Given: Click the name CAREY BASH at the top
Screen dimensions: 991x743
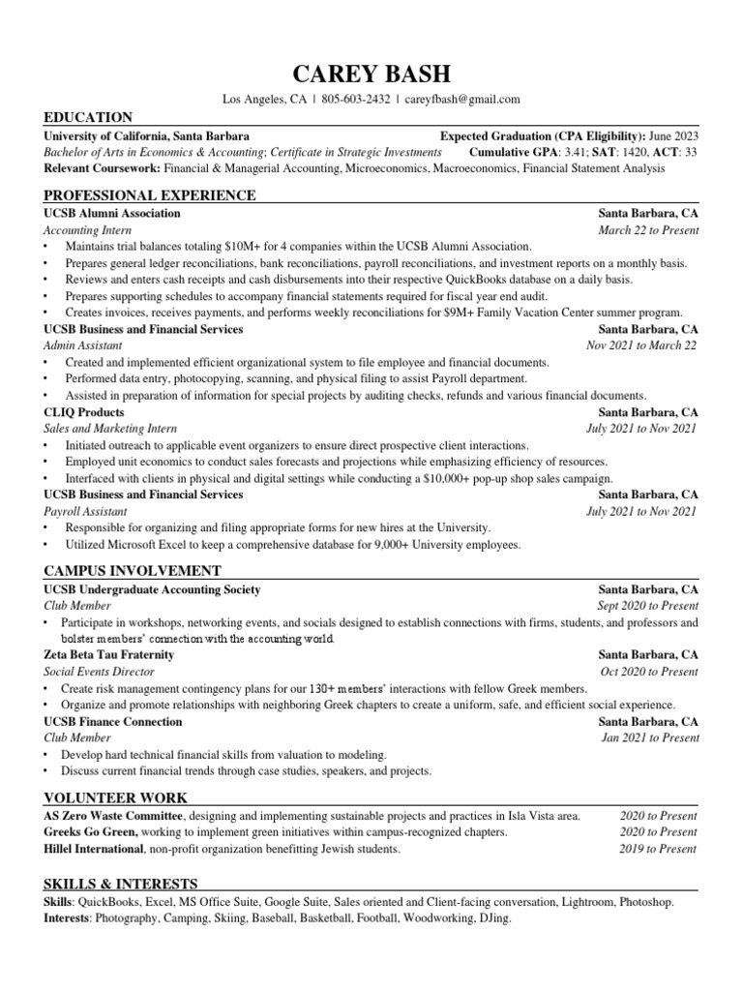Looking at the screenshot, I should (x=371, y=74).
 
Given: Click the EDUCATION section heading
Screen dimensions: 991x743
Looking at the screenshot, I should (x=88, y=117).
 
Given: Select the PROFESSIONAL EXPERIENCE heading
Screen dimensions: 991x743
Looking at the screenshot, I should (x=150, y=195).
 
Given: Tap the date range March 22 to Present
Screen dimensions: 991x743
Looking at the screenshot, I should (x=648, y=230).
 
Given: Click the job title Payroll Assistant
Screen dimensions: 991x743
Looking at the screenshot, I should (x=84, y=511).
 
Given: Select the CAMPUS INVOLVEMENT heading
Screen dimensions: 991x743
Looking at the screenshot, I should (x=133, y=571).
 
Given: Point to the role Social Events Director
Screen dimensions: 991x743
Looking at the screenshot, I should (x=99, y=672).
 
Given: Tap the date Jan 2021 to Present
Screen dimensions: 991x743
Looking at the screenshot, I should (x=649, y=737).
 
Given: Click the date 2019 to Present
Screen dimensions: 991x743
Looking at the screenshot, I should (x=658, y=849).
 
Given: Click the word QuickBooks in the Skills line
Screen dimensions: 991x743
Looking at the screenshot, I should (x=108, y=901).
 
